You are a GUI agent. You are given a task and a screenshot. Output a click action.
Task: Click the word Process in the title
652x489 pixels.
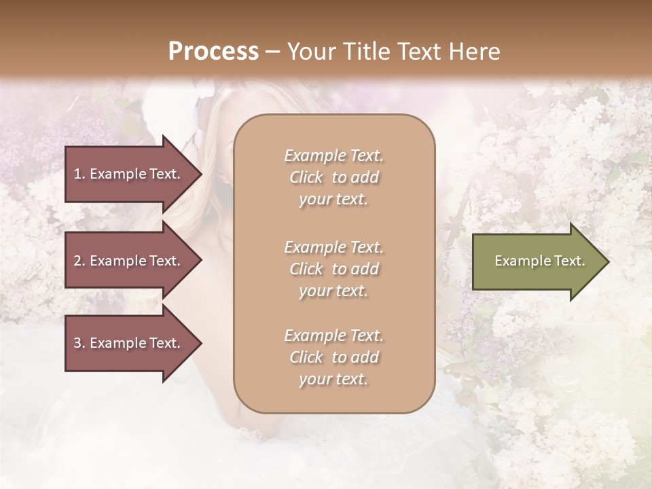(213, 51)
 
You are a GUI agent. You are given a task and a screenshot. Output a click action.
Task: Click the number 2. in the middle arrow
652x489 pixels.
(79, 261)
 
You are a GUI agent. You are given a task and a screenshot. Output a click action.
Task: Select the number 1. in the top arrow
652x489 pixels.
(79, 174)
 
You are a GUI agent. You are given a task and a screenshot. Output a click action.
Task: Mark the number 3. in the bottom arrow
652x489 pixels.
(79, 343)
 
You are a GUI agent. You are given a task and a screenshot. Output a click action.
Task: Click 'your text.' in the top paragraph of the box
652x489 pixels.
(333, 200)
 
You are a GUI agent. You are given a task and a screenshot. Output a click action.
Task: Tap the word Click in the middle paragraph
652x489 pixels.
(306, 269)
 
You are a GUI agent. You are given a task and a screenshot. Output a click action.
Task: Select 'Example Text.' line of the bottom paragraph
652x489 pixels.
(333, 336)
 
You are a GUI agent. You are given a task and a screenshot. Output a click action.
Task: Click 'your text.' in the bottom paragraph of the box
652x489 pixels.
(333, 380)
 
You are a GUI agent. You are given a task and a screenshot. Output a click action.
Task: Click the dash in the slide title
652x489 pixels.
(272, 52)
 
